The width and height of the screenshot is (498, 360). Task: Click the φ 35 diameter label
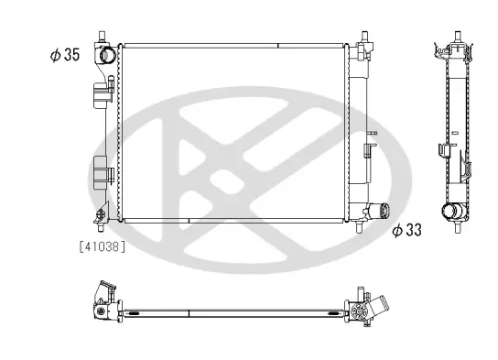coord(66,55)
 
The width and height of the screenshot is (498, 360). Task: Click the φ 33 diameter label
coord(406,231)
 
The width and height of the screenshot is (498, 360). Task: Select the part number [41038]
coord(103,245)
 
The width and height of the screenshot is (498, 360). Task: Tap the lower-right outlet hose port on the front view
coord(377,212)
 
